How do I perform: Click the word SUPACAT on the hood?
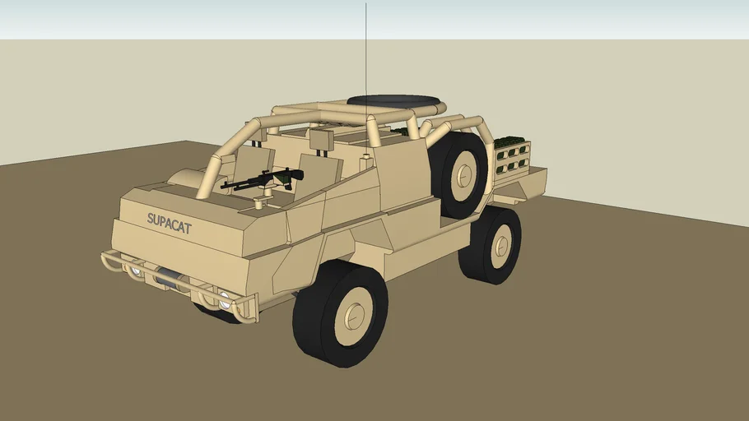click(x=169, y=224)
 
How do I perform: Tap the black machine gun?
click(x=263, y=178)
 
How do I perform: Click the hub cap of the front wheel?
click(x=355, y=315)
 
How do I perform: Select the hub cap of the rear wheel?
click(x=501, y=246)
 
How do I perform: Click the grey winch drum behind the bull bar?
click(x=169, y=278)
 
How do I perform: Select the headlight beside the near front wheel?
click(x=224, y=300)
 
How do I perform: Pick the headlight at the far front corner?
click(x=137, y=271)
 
